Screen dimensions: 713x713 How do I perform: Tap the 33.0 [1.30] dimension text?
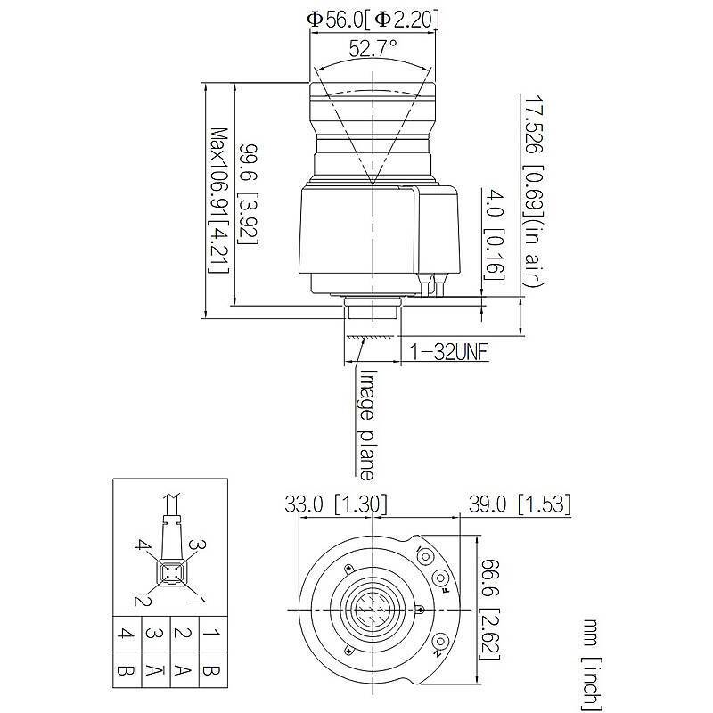[x=335, y=504]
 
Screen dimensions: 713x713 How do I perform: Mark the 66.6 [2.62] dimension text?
[x=499, y=610]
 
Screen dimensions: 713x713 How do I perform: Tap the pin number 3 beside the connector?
[x=201, y=545]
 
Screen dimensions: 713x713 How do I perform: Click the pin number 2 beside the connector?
[x=139, y=600]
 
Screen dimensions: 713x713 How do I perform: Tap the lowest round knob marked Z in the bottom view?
[x=440, y=643]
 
